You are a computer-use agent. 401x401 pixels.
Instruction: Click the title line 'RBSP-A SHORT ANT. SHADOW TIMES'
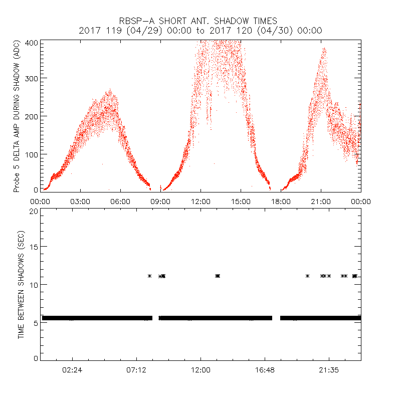pos(198,21)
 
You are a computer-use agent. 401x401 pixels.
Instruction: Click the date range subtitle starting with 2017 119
pos(200,31)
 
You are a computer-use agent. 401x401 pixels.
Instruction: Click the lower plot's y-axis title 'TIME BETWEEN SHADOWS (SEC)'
pos(21,284)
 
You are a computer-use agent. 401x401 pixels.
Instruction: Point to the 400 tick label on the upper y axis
pos(31,42)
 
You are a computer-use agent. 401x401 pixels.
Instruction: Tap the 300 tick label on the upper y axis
pos(31,78)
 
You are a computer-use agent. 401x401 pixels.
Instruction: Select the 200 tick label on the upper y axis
pos(31,116)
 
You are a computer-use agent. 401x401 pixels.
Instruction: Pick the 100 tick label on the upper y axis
pos(31,153)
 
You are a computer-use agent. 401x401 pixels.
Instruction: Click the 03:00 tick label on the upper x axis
pos(80,201)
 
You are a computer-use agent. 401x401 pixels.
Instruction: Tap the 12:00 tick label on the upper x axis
pos(200,201)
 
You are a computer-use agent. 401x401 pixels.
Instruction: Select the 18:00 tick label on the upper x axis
pos(281,201)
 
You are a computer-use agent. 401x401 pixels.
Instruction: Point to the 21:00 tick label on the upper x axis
pos(321,201)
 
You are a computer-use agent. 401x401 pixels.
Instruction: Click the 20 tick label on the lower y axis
pos(34,211)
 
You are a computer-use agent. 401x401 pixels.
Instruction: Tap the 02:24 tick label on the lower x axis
pos(72,369)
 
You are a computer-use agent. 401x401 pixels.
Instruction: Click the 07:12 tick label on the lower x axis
pos(136,369)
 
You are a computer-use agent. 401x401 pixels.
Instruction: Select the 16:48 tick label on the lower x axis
pos(265,369)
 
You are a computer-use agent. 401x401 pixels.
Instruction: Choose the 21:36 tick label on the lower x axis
pos(329,369)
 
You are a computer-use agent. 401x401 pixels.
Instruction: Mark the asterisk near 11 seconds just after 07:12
pos(149,276)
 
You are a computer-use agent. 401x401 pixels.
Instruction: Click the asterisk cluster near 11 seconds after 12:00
pos(218,276)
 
